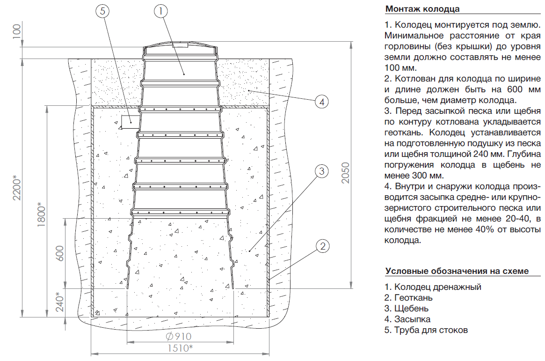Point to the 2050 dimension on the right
click(345, 174)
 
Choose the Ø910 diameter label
click(179, 336)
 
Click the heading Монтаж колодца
click(422, 9)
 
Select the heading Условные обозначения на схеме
click(456, 271)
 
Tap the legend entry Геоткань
click(408, 297)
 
